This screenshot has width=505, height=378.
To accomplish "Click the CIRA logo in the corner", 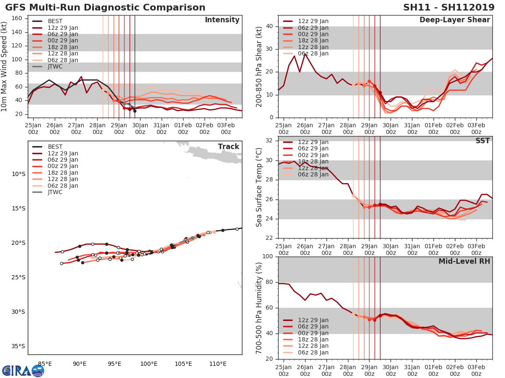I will point(23,370).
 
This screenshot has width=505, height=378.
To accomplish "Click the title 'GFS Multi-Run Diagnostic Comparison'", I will point(105,8).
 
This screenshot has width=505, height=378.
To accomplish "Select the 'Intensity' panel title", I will point(222,20).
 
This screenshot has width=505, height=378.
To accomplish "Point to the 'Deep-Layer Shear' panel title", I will point(454,20).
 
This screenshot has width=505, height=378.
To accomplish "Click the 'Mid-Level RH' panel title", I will point(464,261).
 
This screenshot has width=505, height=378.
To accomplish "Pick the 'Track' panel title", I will point(229,147).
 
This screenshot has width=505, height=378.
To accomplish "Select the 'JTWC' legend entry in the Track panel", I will point(55,192).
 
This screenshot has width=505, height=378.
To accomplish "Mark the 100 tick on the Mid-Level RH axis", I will point(268,257).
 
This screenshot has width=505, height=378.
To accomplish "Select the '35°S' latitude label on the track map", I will point(18,346).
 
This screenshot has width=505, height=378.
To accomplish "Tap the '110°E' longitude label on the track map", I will point(218,364).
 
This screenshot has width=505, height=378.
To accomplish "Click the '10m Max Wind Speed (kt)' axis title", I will point(5,67).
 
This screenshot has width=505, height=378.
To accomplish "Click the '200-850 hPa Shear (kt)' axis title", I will point(260,67).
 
